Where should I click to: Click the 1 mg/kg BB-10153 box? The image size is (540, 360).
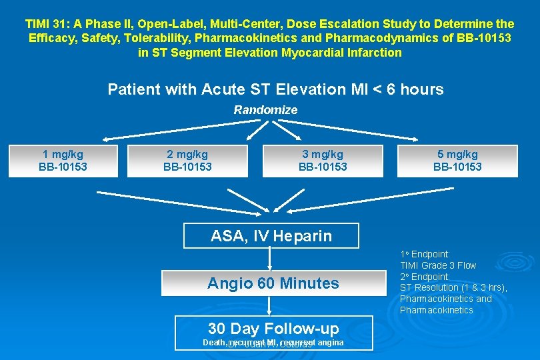(63, 161)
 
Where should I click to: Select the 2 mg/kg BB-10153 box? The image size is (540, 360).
(187, 161)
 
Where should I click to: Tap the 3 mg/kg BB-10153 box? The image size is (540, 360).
(323, 161)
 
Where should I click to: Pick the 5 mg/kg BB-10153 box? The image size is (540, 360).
(457, 161)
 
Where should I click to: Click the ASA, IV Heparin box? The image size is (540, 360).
(271, 235)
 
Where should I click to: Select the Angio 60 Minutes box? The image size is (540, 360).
(273, 283)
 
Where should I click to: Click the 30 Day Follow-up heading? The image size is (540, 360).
(273, 328)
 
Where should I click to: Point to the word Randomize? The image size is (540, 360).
(265, 110)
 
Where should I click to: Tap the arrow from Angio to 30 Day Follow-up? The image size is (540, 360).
(270, 305)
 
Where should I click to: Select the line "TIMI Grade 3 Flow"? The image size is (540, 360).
(438, 265)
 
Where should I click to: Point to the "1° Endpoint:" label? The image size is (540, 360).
(425, 254)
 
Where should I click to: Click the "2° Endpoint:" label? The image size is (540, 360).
(425, 277)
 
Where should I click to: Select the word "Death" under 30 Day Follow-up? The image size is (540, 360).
(215, 343)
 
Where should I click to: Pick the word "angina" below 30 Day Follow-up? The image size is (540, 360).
(331, 343)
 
